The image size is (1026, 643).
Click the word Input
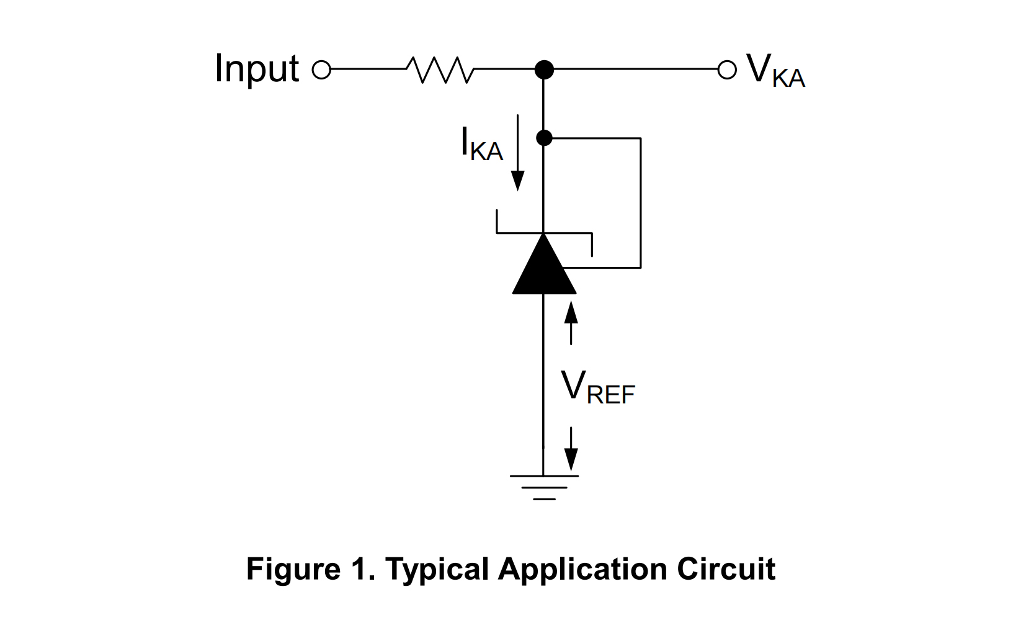(x=257, y=68)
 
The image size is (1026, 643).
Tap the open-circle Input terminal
(x=321, y=70)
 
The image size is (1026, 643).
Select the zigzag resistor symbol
(x=440, y=70)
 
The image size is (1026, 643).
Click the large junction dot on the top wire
(x=544, y=70)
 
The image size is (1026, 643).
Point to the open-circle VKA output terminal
(x=726, y=70)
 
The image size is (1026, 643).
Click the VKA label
(x=775, y=71)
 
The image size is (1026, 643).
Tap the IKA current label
(x=481, y=145)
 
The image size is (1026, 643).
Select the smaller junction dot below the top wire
(x=544, y=138)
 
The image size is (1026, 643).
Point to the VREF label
(x=598, y=387)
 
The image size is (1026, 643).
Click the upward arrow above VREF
(x=571, y=321)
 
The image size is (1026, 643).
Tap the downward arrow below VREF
(x=571, y=449)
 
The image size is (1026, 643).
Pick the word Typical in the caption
(x=437, y=569)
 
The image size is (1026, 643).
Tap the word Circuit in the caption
(x=726, y=569)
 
